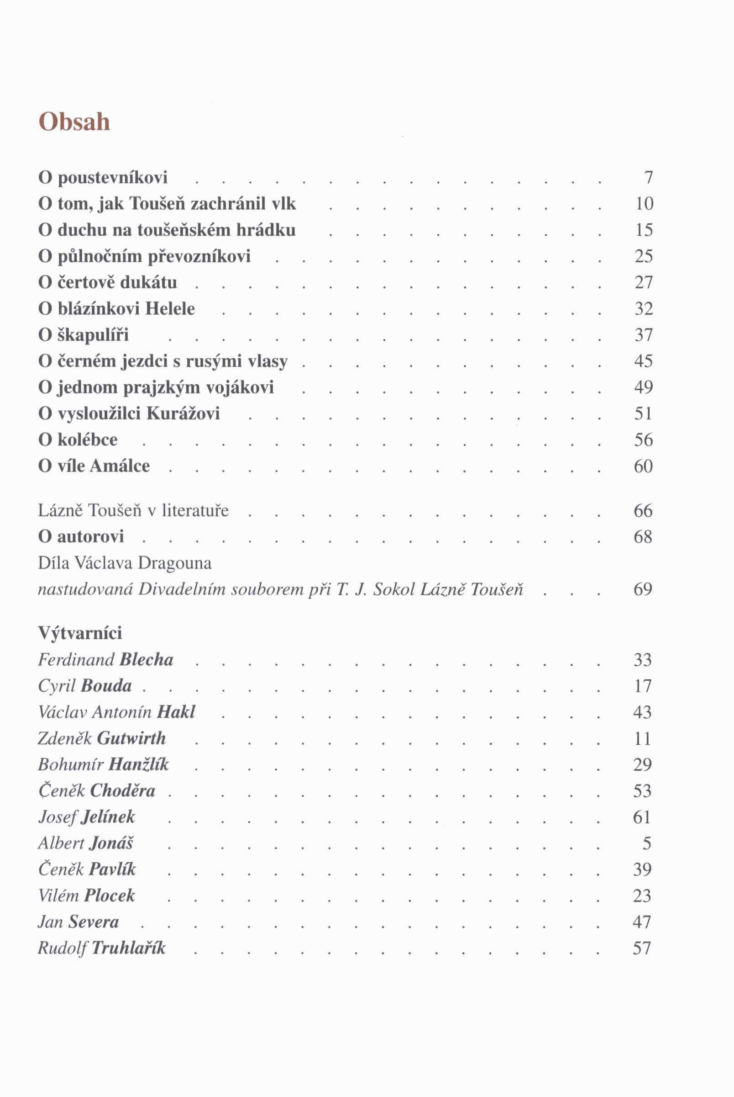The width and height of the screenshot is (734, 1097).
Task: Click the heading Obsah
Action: (x=74, y=122)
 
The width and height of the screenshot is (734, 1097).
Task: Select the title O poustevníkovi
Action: (x=103, y=178)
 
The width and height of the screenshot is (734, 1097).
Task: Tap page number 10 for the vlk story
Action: (x=644, y=204)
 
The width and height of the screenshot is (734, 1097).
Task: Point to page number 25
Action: (x=644, y=256)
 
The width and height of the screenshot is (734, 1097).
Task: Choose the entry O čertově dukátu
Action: (x=108, y=282)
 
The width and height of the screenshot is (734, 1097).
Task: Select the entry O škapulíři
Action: (x=84, y=335)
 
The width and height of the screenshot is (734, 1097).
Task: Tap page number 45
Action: (x=644, y=361)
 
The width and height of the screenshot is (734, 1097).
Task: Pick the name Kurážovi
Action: (x=183, y=413)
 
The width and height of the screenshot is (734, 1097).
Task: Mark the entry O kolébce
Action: (x=78, y=440)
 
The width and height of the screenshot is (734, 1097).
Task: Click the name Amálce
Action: (x=120, y=466)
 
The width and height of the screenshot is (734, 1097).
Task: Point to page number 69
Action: (x=643, y=589)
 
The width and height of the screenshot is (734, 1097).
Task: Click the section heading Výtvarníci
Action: (x=80, y=633)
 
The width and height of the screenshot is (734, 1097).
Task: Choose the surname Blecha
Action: (x=147, y=659)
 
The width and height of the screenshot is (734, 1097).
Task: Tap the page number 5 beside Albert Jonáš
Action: (x=647, y=843)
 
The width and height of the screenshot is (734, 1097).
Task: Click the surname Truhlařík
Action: (x=129, y=948)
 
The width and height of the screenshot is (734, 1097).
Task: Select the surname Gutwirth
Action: (x=131, y=738)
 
